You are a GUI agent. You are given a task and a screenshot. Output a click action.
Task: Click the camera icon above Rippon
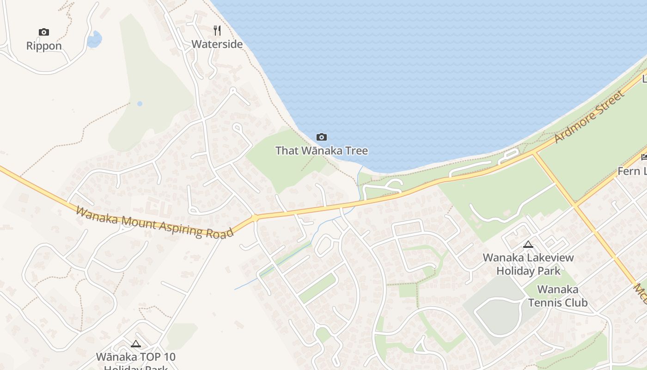tap(44, 32)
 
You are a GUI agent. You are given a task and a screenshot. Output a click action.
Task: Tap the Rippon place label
tap(44, 46)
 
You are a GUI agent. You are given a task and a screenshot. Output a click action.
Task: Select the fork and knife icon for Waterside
tap(217, 31)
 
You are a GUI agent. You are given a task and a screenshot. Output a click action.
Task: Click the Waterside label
tap(217, 44)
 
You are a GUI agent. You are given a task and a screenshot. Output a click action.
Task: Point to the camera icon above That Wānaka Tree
tap(322, 137)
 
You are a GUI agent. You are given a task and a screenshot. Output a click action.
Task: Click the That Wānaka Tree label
tap(322, 151)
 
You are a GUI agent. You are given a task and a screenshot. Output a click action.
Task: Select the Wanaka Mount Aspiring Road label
tap(154, 222)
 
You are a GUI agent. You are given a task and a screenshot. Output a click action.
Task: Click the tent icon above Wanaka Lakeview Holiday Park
tap(528, 244)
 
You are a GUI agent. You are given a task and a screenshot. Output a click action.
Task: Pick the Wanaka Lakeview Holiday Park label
tap(528, 264)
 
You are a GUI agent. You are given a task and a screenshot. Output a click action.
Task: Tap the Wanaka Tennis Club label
tap(558, 296)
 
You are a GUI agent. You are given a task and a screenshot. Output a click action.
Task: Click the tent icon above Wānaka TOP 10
tap(135, 344)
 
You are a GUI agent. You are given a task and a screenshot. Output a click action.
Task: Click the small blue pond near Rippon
tap(94, 39)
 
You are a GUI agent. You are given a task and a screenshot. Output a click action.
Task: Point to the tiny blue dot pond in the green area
tap(140, 104)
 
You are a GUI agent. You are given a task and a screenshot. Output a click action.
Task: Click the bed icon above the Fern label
tap(644, 158)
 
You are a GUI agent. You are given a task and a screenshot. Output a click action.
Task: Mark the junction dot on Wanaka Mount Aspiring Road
tap(255, 217)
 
